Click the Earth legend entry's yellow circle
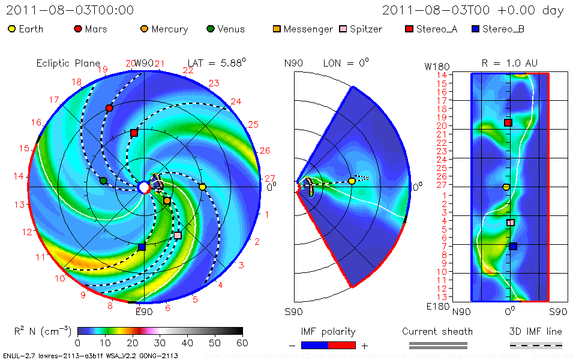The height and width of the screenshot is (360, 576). pos(11,29)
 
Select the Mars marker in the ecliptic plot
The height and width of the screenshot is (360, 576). pos(109,108)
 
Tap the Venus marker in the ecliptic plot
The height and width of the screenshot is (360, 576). pos(103,181)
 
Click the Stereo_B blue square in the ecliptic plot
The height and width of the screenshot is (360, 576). pos(142,247)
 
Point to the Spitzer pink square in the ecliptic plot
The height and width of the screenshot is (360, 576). pos(178,235)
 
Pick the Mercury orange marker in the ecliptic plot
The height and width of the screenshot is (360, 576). pos(167,200)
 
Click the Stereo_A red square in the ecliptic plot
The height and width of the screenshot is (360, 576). pos(134,133)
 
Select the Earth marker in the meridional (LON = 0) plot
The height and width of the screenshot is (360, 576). pos(352,181)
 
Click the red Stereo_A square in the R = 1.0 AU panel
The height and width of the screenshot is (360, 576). pos(508,122)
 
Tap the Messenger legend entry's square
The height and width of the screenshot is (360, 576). pos(276,29)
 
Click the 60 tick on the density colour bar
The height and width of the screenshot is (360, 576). pos(242,343)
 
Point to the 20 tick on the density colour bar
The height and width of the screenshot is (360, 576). pos(133,343)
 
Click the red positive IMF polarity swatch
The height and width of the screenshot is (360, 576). pos(342,345)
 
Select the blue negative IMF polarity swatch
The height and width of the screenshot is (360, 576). pos(315,345)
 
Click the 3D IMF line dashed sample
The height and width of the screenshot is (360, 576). pos(536,345)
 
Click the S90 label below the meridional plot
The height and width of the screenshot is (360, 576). pos(293,311)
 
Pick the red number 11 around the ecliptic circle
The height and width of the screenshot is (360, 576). pos(41,257)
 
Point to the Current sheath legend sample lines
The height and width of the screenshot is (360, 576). pos(438,345)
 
